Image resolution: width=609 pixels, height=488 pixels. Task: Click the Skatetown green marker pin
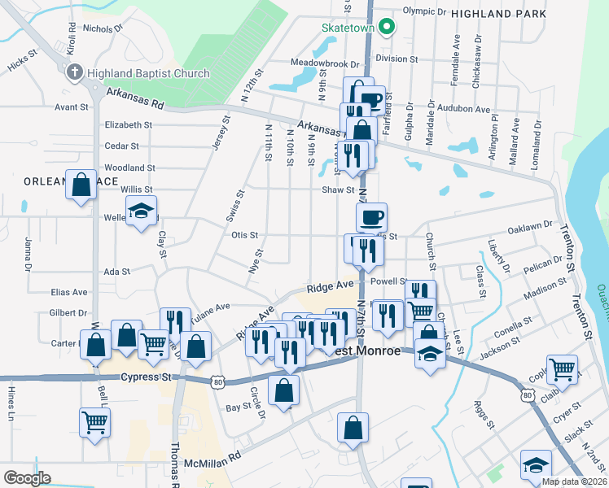click(x=388, y=27)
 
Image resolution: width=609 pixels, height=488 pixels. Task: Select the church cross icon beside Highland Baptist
click(x=75, y=72)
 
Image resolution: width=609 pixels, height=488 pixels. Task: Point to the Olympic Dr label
click(x=425, y=12)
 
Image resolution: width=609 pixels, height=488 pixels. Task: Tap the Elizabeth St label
click(x=129, y=125)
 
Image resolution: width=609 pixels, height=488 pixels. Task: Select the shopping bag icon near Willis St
click(x=81, y=184)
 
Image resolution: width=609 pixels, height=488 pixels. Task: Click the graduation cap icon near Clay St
click(x=142, y=211)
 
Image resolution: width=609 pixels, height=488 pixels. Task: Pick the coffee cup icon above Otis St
click(x=371, y=217)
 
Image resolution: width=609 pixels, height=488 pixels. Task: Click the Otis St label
click(x=244, y=235)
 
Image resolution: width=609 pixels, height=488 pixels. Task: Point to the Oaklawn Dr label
click(x=532, y=229)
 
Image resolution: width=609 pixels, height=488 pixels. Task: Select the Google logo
click(x=28, y=478)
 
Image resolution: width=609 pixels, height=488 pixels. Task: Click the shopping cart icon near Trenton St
click(x=562, y=369)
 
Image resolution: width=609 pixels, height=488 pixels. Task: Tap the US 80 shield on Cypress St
click(x=216, y=381)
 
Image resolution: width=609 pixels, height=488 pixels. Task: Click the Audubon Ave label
click(x=463, y=109)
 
